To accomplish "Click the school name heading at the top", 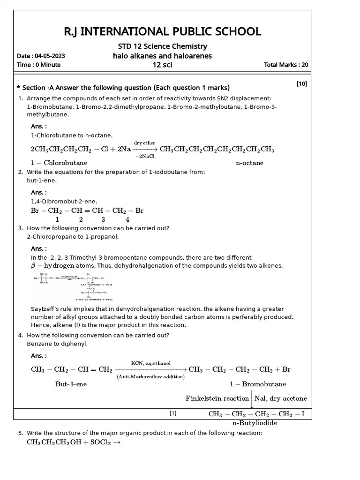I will click(162, 32).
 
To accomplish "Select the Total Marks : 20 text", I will click(286, 65).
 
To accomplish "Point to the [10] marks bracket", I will click(301, 84).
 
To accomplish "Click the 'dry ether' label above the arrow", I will click(144, 142).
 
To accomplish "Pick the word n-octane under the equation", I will click(249, 163).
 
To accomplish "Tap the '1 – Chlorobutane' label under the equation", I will click(59, 163).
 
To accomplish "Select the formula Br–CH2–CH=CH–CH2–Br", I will click(87, 211).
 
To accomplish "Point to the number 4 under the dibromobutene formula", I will click(127, 219).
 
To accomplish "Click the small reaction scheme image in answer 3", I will click(73, 286).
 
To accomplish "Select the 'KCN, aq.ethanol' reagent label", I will click(150, 363).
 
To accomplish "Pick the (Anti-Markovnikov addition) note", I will click(150, 376).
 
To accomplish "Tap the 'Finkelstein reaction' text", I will click(217, 398).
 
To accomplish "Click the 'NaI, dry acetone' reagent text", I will click(280, 398).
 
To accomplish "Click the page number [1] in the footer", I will click(173, 413).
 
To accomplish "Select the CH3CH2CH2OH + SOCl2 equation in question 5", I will click(74, 442).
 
